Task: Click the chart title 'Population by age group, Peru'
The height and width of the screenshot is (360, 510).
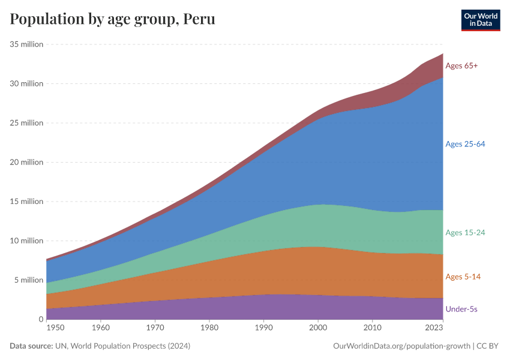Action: (113, 19)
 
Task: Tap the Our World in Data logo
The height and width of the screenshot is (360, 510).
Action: (481, 20)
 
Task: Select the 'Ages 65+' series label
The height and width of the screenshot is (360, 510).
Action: (461, 65)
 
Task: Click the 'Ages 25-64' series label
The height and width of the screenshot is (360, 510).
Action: (465, 144)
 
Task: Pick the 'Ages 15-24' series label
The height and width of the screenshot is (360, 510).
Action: (465, 232)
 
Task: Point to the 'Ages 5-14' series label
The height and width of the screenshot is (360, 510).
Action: (463, 277)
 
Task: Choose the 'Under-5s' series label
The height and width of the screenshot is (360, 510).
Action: (461, 309)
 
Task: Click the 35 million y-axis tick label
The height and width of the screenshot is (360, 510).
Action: (26, 44)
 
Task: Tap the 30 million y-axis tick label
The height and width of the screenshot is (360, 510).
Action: (26, 83)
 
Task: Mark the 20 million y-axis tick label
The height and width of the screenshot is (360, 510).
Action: (26, 162)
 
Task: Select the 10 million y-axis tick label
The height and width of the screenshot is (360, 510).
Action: (26, 241)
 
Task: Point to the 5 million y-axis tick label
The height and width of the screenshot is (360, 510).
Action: (29, 280)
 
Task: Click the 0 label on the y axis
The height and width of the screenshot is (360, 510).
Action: (41, 319)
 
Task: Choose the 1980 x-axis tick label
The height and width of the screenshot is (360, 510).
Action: (209, 328)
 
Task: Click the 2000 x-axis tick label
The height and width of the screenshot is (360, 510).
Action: (317, 328)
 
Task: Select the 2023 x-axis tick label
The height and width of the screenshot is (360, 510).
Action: (434, 328)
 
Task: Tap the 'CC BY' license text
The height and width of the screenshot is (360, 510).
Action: (488, 346)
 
